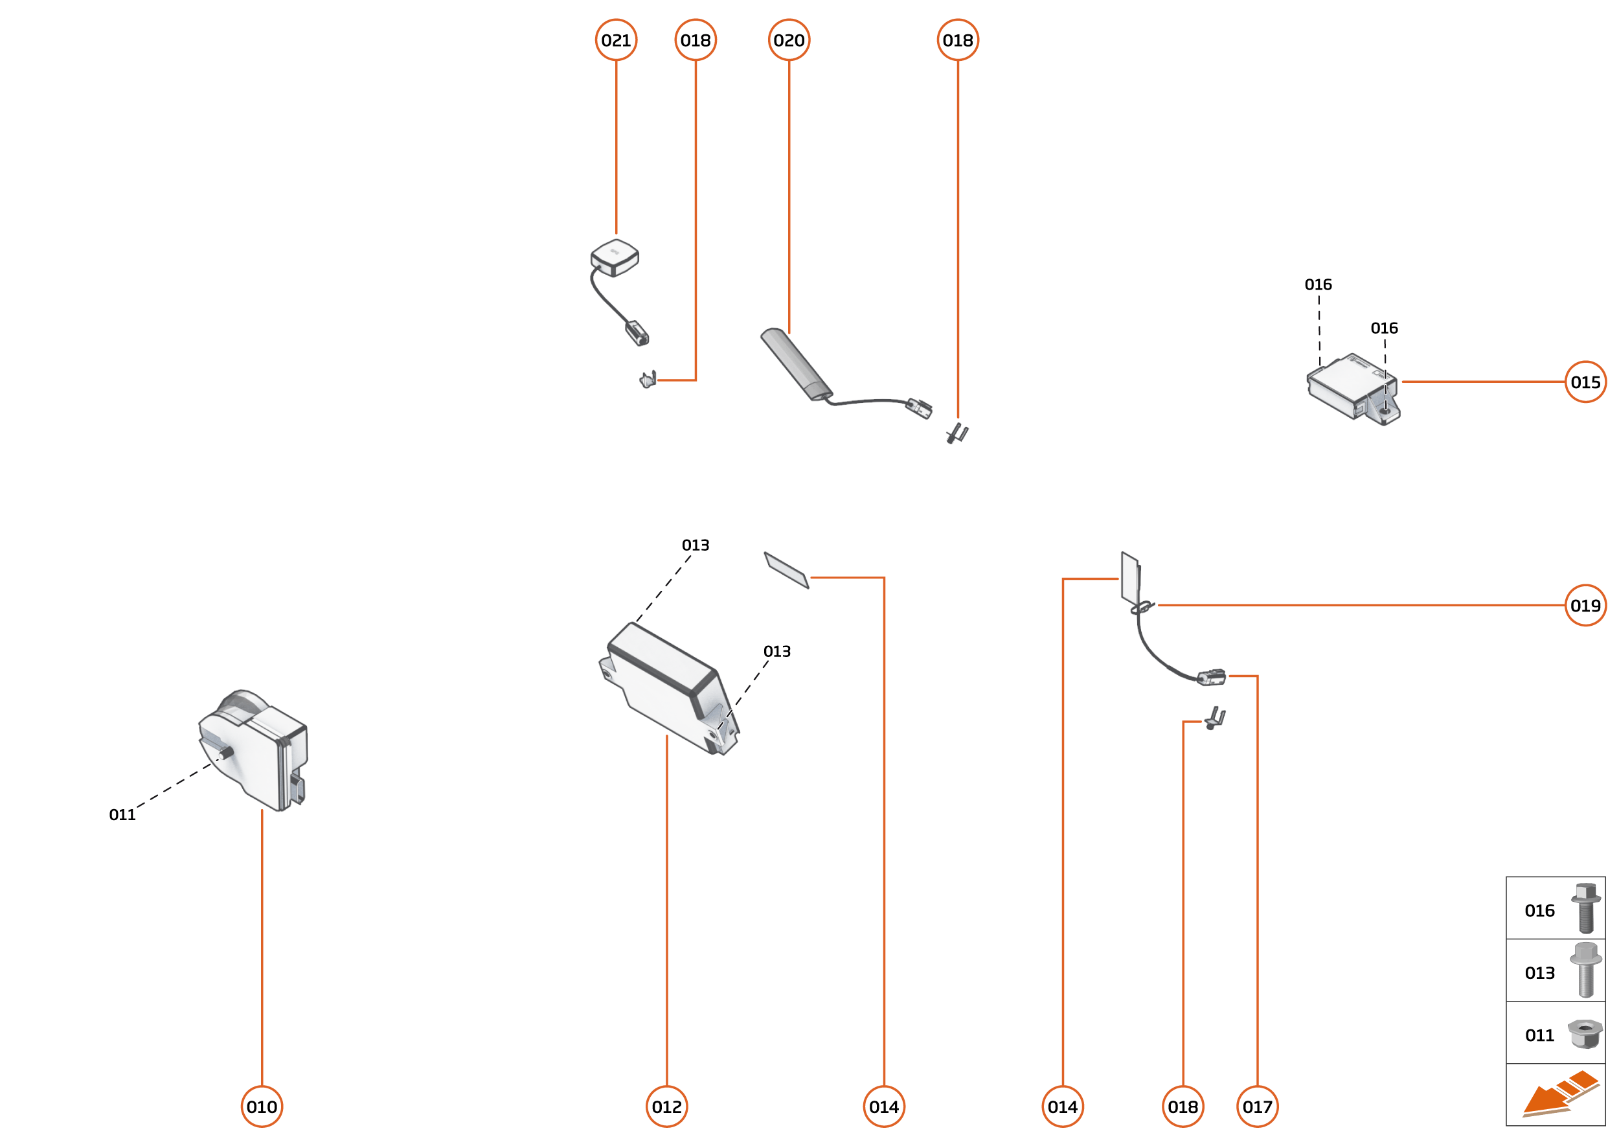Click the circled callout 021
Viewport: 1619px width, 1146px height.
coord(616,40)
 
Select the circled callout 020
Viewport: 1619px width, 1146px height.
coord(789,40)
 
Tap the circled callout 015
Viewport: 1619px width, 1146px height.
coord(1585,382)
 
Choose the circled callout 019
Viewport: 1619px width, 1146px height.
coord(1585,606)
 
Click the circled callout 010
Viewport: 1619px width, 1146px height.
coord(262,1106)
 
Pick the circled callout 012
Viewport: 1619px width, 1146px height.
coord(666,1106)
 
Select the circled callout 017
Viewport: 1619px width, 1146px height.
coord(1257,1106)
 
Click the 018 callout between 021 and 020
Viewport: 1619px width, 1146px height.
coord(696,40)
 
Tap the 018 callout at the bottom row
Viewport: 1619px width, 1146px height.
coord(1183,1106)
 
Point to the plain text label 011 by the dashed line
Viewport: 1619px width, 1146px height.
coord(122,815)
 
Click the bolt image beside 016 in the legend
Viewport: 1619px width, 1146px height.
coord(1585,909)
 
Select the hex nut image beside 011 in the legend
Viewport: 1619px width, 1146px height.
coord(1585,1035)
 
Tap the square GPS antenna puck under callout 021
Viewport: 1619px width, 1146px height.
coord(615,257)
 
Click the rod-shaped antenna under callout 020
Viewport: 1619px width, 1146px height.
coord(795,364)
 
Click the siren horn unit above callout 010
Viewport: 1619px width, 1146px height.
coord(254,751)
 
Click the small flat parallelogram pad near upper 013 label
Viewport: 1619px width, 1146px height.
coord(786,570)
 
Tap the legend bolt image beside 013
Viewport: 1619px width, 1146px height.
coord(1585,971)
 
